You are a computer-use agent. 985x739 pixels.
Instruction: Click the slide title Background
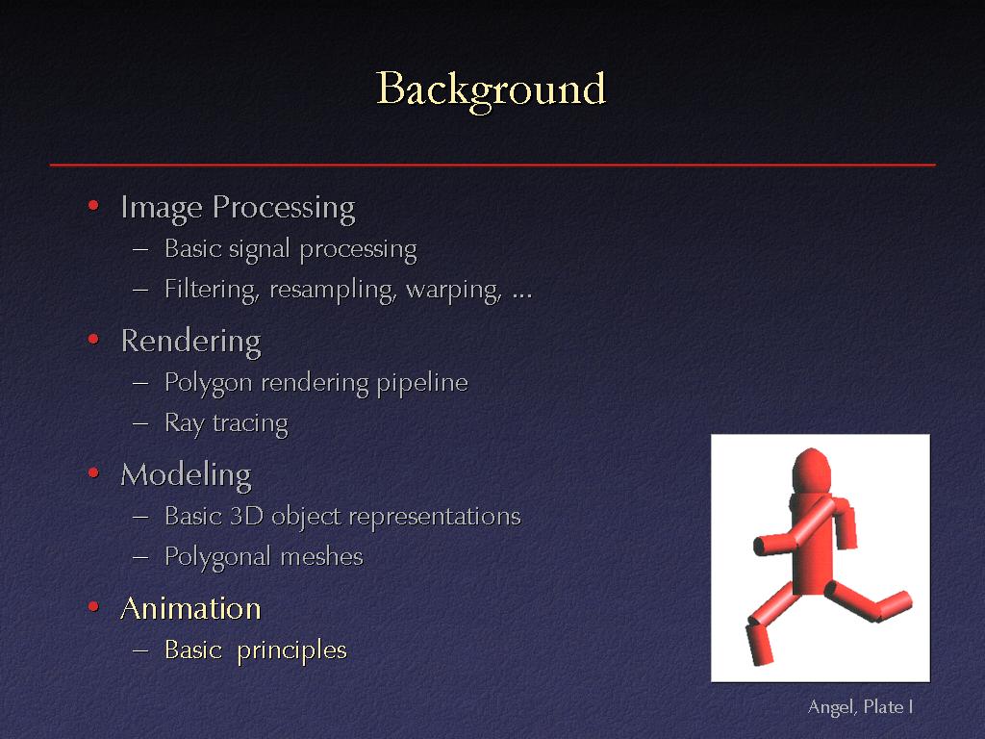point(492,89)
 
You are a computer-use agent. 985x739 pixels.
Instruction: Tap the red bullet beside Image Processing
point(93,205)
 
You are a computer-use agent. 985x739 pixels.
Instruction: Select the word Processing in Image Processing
point(284,208)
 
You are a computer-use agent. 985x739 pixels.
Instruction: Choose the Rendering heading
point(191,342)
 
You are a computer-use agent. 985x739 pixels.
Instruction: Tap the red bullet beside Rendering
point(93,340)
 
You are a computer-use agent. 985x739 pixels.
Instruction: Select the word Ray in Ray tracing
point(185,424)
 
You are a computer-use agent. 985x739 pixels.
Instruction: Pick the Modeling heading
point(186,475)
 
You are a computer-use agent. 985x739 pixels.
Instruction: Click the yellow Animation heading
point(191,608)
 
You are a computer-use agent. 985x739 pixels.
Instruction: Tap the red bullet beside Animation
point(93,606)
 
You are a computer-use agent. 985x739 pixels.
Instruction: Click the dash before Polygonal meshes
point(140,557)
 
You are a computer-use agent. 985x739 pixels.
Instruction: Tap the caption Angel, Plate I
point(860,707)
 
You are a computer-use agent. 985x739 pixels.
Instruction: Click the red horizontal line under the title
point(492,165)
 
